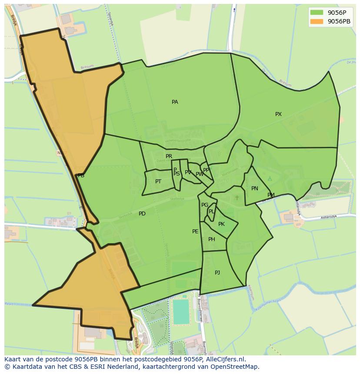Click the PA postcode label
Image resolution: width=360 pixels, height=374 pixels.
[175, 102]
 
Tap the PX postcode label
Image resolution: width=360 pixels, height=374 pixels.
[278, 114]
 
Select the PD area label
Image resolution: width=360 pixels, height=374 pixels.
[142, 214]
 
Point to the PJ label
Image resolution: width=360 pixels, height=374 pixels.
[217, 273]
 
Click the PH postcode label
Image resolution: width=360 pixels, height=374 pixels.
[212, 239]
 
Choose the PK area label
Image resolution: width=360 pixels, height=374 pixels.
[221, 224]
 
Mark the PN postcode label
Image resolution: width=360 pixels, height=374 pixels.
[255, 189]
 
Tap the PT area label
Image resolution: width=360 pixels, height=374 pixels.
[158, 182]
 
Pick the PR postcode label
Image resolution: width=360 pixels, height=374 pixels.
[169, 156]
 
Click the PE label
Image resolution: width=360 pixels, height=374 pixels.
[195, 232]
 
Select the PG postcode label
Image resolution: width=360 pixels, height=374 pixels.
[205, 205]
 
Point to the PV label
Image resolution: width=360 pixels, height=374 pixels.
[188, 172]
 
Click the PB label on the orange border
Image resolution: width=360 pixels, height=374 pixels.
[81, 175]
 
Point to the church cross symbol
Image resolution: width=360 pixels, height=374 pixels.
[237, 198]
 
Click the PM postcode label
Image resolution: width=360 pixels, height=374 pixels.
[271, 195]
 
